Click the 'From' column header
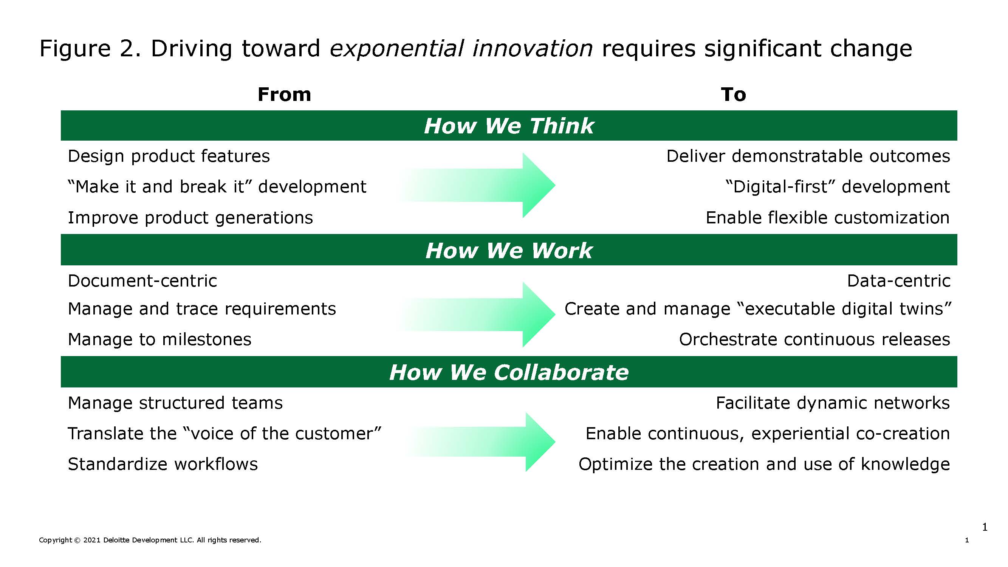click(284, 94)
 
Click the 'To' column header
click(733, 94)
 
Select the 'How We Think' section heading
click(509, 125)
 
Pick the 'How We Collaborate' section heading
click(509, 372)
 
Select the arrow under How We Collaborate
click(479, 442)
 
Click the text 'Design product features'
click(169, 156)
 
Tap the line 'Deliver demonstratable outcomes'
click(808, 156)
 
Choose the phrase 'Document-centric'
click(142, 281)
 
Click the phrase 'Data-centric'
click(899, 281)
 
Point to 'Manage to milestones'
click(159, 339)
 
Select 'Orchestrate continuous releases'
click(815, 339)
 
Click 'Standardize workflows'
click(163, 464)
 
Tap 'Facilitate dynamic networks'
click(833, 403)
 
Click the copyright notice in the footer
click(150, 540)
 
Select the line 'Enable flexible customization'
click(828, 218)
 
